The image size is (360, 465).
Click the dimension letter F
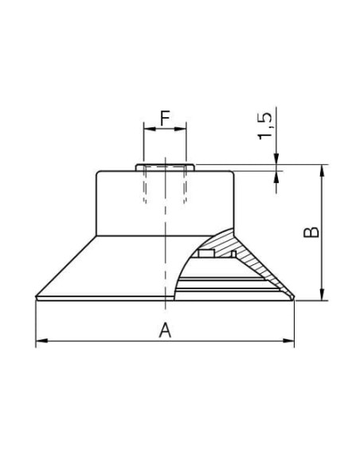(x=165, y=118)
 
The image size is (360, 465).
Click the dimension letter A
(x=165, y=330)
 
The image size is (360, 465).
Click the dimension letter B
(x=311, y=232)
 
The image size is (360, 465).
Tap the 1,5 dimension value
(x=264, y=126)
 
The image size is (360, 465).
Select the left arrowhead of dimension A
(x=41, y=341)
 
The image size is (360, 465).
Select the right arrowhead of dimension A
(x=288, y=341)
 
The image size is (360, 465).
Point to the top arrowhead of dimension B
(x=323, y=170)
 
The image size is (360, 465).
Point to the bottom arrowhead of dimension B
(x=323, y=294)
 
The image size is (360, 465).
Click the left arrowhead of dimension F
(x=150, y=129)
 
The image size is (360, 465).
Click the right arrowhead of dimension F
(x=180, y=129)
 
